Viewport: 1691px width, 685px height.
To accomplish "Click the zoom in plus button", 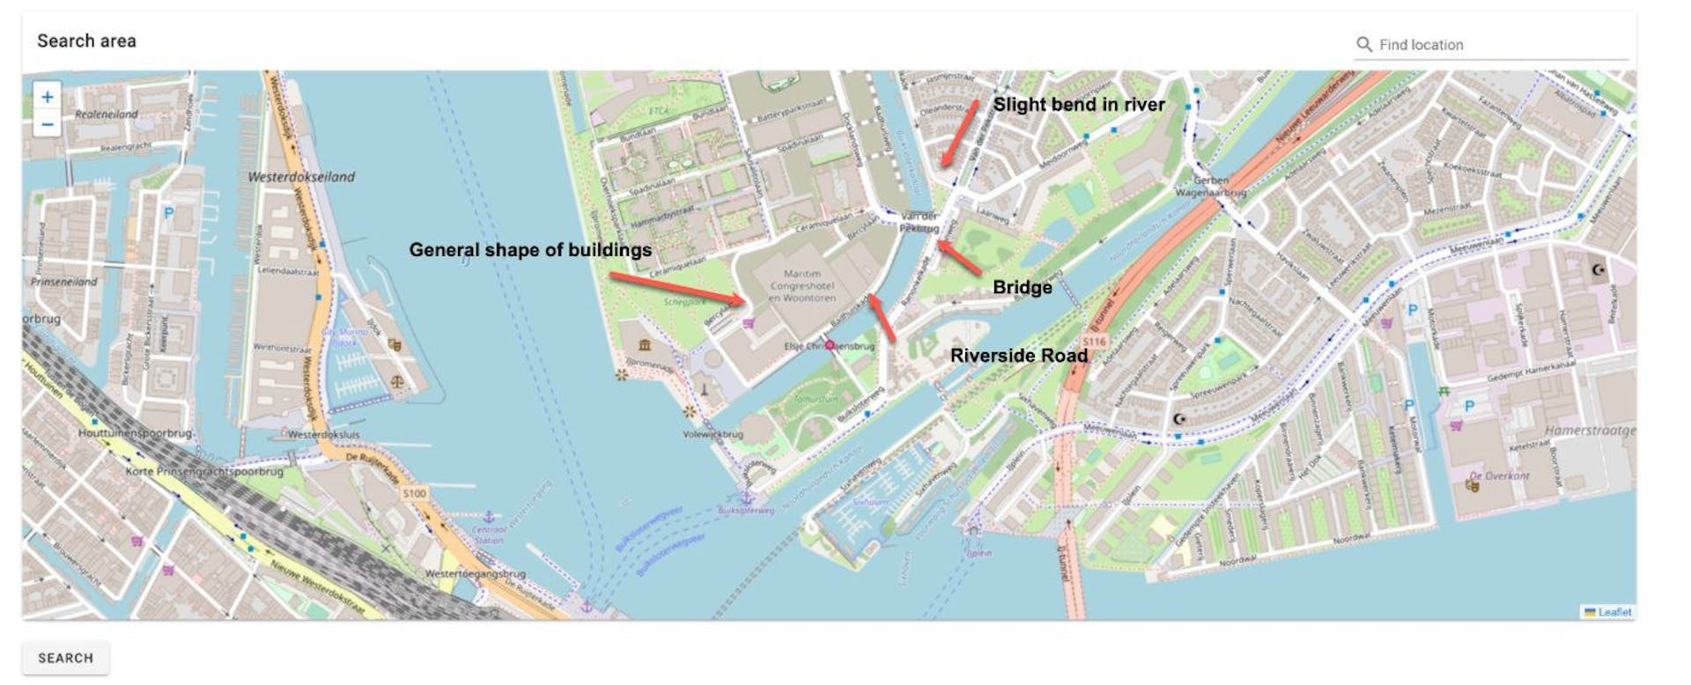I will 48,97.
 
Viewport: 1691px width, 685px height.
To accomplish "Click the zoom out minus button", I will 48,124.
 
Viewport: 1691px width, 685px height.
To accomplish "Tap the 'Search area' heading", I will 86,41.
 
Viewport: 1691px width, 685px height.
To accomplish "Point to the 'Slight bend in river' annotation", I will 1079,105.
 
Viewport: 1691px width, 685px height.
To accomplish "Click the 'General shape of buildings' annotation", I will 530,250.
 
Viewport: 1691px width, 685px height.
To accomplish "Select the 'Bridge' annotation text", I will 1022,287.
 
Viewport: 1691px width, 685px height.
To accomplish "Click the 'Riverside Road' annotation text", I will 1018,356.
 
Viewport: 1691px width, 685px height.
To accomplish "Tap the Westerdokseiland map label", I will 301,177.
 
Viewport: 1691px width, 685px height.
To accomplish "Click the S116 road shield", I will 1093,342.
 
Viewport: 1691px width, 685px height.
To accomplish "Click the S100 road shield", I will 414,493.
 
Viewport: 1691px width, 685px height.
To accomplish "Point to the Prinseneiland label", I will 64,283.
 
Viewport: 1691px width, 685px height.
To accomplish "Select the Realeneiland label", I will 107,114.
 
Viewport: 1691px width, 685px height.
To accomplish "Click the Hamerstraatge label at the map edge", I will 1590,431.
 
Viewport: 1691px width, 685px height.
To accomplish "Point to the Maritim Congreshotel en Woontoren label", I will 801,286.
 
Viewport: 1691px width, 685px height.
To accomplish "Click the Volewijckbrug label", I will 713,434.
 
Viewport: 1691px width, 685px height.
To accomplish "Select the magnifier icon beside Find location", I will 1363,44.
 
